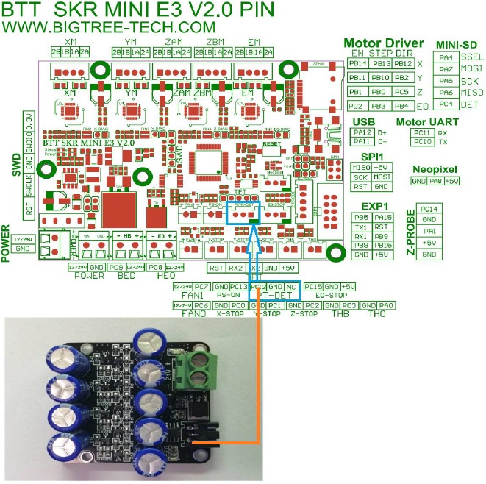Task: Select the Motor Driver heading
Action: pos(383,43)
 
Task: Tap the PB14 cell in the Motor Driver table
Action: pos(357,63)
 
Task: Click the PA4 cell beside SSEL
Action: pos(446,57)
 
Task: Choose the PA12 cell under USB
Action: pos(361,132)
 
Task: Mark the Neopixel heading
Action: pos(436,169)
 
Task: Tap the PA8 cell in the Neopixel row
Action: pos(435,181)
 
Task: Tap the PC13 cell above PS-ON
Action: pos(237,286)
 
